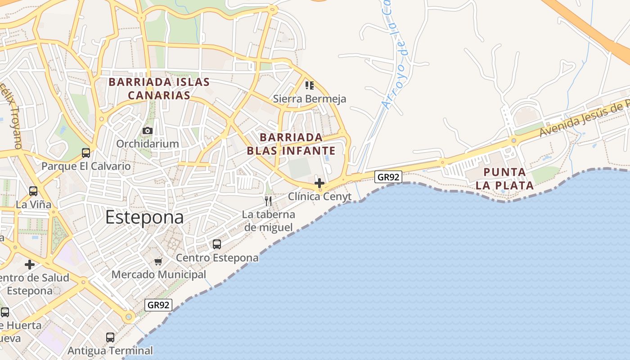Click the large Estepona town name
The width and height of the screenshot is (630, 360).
[x=144, y=217]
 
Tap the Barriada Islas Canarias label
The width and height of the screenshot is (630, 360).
[x=159, y=89]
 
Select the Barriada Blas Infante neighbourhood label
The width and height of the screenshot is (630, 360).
[x=291, y=144]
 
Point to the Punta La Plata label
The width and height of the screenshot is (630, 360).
[x=504, y=179]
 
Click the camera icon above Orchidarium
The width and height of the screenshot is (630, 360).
[x=147, y=130]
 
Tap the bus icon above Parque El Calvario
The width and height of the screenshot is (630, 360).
[x=86, y=153]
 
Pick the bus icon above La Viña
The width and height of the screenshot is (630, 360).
[x=33, y=191]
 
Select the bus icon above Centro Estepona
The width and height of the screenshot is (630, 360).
[x=217, y=244]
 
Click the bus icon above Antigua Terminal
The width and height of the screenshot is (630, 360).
[x=110, y=337]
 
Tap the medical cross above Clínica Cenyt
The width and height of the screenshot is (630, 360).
[x=319, y=183]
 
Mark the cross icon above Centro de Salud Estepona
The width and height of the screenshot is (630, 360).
[x=30, y=264]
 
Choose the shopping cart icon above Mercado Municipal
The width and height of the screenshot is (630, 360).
[x=158, y=261]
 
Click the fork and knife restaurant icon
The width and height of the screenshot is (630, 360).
[x=268, y=201]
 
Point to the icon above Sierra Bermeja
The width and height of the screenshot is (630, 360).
[x=309, y=85]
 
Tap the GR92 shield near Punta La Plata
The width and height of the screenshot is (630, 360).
[x=388, y=177]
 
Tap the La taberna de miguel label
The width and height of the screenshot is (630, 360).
[x=269, y=220]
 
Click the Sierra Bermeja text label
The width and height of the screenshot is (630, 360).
[x=310, y=99]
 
